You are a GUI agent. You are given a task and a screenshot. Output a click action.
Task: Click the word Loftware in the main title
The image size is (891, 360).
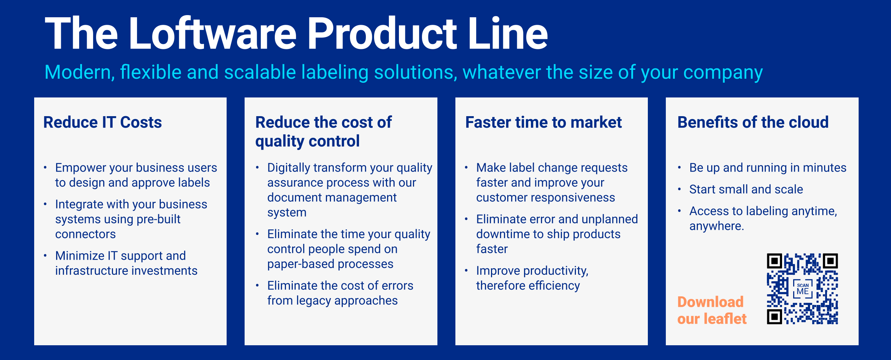pyautogui.click(x=212, y=34)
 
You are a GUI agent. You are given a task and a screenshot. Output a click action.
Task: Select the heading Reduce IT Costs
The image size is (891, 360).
pyautogui.click(x=103, y=122)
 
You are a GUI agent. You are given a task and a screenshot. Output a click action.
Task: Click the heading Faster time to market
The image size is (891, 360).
pyautogui.click(x=543, y=122)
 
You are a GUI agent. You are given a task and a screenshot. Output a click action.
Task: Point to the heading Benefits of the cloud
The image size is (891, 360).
pyautogui.click(x=753, y=122)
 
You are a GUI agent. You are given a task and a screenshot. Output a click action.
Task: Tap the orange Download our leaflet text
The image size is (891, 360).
pyautogui.click(x=712, y=310)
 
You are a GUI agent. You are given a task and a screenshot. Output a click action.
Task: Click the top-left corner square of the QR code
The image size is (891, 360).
pyautogui.click(x=774, y=261)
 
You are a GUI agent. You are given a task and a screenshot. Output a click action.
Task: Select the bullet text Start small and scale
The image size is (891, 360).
pyautogui.click(x=746, y=189)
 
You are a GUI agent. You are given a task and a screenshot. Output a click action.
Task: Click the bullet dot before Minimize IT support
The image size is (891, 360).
pyautogui.click(x=45, y=256)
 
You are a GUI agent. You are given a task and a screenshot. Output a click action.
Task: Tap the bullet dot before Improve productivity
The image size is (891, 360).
pyautogui.click(x=466, y=270)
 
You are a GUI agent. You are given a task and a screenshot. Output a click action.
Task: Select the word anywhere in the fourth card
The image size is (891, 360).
pyautogui.click(x=716, y=226)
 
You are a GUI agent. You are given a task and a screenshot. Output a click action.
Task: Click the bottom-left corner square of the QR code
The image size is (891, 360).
pyautogui.click(x=774, y=316)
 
